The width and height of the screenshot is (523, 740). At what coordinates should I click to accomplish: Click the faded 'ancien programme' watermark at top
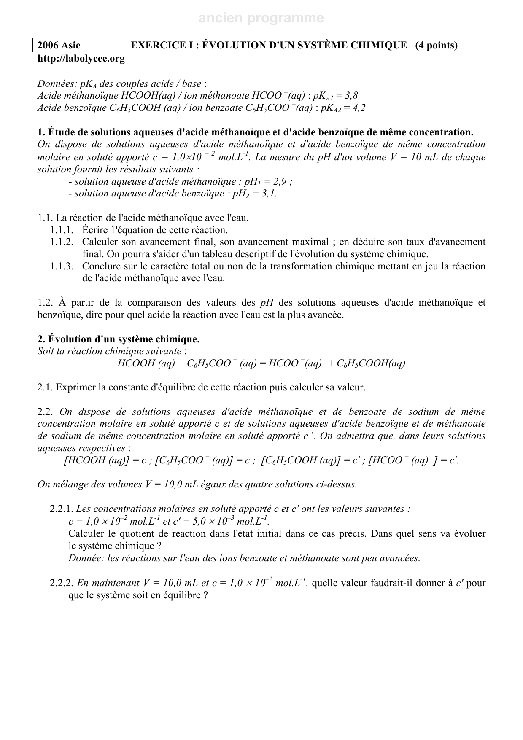261,18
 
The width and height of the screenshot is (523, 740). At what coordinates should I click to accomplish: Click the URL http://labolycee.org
81,59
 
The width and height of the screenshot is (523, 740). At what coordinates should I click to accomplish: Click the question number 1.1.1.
62,230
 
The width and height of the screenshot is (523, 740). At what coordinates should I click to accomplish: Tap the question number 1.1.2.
62,242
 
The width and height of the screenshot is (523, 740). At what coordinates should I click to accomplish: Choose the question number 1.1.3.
62,266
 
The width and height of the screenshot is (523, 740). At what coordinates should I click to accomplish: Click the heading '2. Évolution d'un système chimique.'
119,339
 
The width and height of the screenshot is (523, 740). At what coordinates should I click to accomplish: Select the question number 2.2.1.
62,509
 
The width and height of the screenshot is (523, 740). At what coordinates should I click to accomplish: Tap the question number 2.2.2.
62,583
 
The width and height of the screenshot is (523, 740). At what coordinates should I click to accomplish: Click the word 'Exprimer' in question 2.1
73,387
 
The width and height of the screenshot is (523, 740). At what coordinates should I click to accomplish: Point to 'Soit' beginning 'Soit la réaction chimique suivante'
45,351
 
